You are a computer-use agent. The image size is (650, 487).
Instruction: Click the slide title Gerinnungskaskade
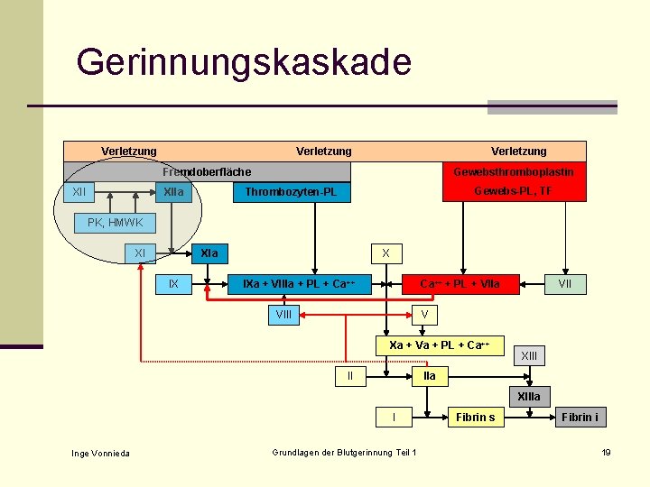point(244,63)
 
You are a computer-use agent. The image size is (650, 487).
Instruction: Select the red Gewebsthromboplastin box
point(513,171)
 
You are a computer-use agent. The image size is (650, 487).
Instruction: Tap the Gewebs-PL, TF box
point(513,191)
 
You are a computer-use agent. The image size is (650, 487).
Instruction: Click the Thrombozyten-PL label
point(285,192)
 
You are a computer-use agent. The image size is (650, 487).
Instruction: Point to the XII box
point(79,191)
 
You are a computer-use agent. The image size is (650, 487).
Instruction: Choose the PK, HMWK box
point(115,223)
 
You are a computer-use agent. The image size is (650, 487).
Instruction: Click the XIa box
point(209,253)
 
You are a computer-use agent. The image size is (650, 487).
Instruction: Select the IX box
point(173,285)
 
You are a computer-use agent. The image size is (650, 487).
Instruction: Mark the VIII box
point(283,315)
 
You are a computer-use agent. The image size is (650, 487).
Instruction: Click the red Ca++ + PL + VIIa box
point(460,285)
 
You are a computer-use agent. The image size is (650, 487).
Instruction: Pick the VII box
point(566,285)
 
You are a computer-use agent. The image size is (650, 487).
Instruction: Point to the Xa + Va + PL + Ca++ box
point(439,345)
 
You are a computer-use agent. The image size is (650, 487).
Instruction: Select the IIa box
point(430,375)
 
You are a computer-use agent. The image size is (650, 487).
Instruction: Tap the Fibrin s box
point(475,417)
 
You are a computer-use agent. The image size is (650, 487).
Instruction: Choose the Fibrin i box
point(580,417)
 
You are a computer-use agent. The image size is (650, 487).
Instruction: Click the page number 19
point(607,452)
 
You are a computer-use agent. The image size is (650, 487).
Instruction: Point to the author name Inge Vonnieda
point(100,453)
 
